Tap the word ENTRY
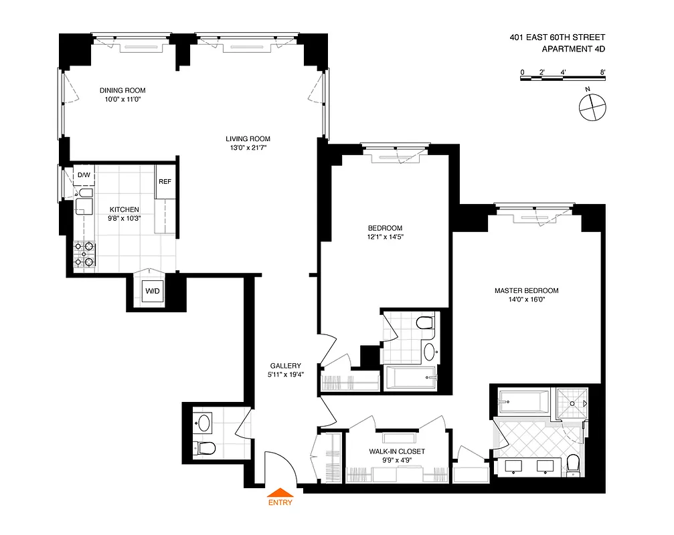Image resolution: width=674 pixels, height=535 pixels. (280, 504)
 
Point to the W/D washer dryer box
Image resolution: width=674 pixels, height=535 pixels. (151, 291)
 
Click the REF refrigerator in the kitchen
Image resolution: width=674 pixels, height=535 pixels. (165, 181)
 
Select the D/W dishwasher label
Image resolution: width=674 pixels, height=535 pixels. (84, 175)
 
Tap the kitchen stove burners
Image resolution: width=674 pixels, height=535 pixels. (84, 253)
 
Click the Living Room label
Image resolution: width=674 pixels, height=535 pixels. (248, 139)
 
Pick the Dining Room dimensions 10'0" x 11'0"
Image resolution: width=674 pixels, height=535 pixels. (122, 99)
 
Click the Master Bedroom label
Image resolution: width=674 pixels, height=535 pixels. (526, 290)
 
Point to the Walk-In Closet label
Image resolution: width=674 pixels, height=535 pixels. (397, 451)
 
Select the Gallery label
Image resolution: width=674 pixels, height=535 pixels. (285, 366)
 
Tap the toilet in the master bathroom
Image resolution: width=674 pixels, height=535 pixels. (573, 464)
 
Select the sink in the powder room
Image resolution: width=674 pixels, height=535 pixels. (203, 422)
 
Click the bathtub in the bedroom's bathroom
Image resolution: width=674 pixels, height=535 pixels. (410, 379)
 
